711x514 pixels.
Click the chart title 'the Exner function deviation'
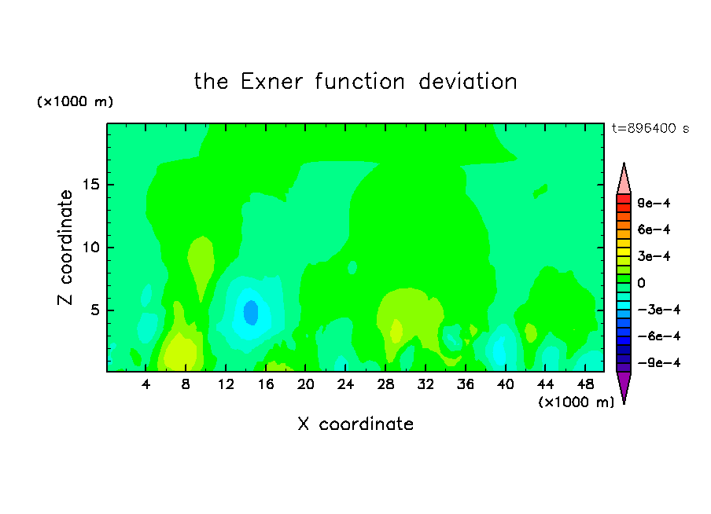pos(355,82)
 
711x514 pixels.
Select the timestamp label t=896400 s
pos(650,128)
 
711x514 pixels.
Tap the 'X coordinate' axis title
pos(355,424)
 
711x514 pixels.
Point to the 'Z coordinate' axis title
pos(65,248)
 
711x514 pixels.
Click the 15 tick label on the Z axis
pos(90,185)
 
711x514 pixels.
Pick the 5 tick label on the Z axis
pos(94,310)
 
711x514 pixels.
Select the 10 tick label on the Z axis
pos(90,248)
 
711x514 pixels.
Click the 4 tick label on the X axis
pos(146,384)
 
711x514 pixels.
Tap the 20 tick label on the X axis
pos(305,384)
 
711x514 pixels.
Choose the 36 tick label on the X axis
pos(466,384)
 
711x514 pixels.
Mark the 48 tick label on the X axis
pos(585,384)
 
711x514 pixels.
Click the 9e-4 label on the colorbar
pos(654,203)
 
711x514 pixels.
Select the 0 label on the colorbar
pos(641,283)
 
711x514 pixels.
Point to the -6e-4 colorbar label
pos(659,336)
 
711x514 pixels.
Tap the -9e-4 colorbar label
pos(659,362)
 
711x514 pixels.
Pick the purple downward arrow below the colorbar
pos(624,386)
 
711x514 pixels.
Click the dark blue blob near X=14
pos(251,312)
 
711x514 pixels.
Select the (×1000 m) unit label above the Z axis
pos(75,101)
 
